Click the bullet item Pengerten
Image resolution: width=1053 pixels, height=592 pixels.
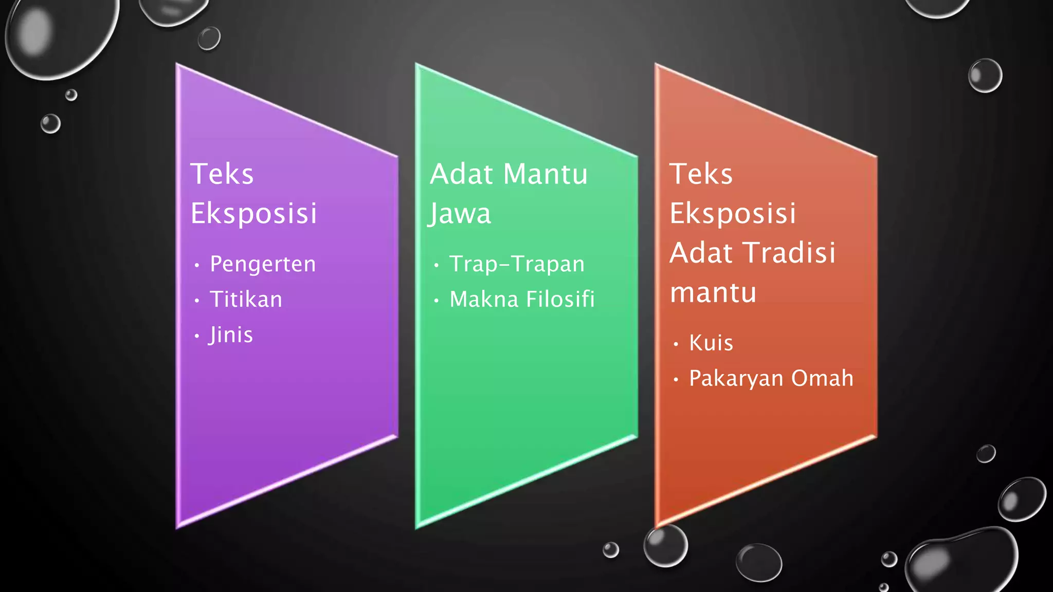pyautogui.click(x=263, y=264)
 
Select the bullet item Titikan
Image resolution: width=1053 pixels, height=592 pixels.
pyautogui.click(x=246, y=300)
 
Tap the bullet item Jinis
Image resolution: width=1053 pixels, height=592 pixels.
pyautogui.click(x=231, y=335)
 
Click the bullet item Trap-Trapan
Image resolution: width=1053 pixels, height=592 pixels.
pyautogui.click(x=517, y=264)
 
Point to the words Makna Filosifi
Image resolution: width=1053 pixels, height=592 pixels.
pyautogui.click(x=522, y=300)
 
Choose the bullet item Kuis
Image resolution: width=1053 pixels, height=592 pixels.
pyautogui.click(x=711, y=343)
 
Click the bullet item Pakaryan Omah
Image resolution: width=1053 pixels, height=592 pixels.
pyautogui.click(x=771, y=378)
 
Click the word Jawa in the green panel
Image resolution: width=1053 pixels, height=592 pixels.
pyautogui.click(x=460, y=214)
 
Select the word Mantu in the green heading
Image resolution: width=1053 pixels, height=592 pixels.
pyautogui.click(x=546, y=174)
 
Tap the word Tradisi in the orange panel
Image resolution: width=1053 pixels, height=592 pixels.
pyautogui.click(x=791, y=253)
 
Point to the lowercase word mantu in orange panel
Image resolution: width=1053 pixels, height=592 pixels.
pyautogui.click(x=713, y=293)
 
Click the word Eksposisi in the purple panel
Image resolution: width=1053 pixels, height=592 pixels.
pyautogui.click(x=253, y=214)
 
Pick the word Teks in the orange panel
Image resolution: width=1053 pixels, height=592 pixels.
pyautogui.click(x=701, y=174)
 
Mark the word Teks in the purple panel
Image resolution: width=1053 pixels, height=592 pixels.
pyautogui.click(x=222, y=174)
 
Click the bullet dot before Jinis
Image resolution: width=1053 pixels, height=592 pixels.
pyautogui.click(x=197, y=337)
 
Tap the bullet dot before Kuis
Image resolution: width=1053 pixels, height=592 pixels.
pyautogui.click(x=676, y=344)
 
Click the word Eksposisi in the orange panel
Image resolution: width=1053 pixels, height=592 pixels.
pyautogui.click(x=733, y=214)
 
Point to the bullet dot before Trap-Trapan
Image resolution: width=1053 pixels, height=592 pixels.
pyautogui.click(x=437, y=266)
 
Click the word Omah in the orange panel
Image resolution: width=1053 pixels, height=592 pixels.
pyautogui.click(x=822, y=378)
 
